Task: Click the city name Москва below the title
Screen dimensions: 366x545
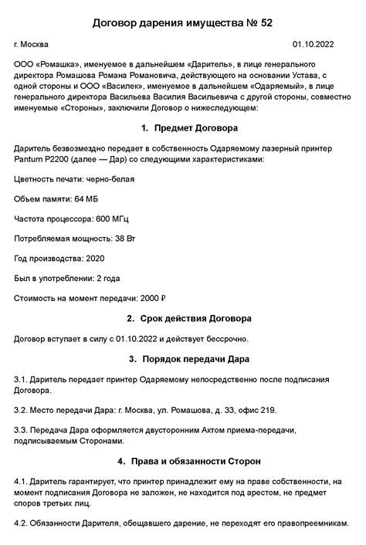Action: pyautogui.click(x=36, y=46)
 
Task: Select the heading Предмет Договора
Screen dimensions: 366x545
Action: pyautogui.click(x=196, y=127)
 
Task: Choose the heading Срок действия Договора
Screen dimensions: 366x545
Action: pyautogui.click(x=195, y=318)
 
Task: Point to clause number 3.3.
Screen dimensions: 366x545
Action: pyautogui.click(x=22, y=430)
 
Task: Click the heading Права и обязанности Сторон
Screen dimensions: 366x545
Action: pyautogui.click(x=195, y=461)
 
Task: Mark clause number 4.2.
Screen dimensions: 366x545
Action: pyautogui.click(x=22, y=522)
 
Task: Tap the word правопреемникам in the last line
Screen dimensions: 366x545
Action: pyautogui.click(x=302, y=522)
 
